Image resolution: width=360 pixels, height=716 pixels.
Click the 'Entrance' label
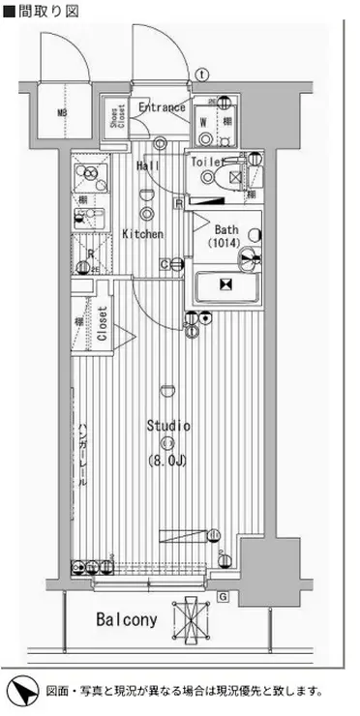pos(161,107)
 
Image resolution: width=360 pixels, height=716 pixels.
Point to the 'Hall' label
pos(148,166)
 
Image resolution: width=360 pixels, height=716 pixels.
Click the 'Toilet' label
pos(207,163)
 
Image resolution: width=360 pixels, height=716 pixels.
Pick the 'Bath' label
pos(226,229)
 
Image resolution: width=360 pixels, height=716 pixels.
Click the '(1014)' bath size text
pos(226,244)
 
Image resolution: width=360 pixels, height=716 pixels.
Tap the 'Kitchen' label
pos(142,234)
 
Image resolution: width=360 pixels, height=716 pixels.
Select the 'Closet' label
pos(103,326)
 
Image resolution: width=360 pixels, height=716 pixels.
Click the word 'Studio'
pos(168,426)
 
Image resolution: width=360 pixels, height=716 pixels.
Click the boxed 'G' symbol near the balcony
pos(224,596)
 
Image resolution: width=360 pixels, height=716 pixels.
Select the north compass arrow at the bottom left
pos(22,691)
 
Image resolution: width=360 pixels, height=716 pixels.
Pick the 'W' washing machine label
pos(203,123)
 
